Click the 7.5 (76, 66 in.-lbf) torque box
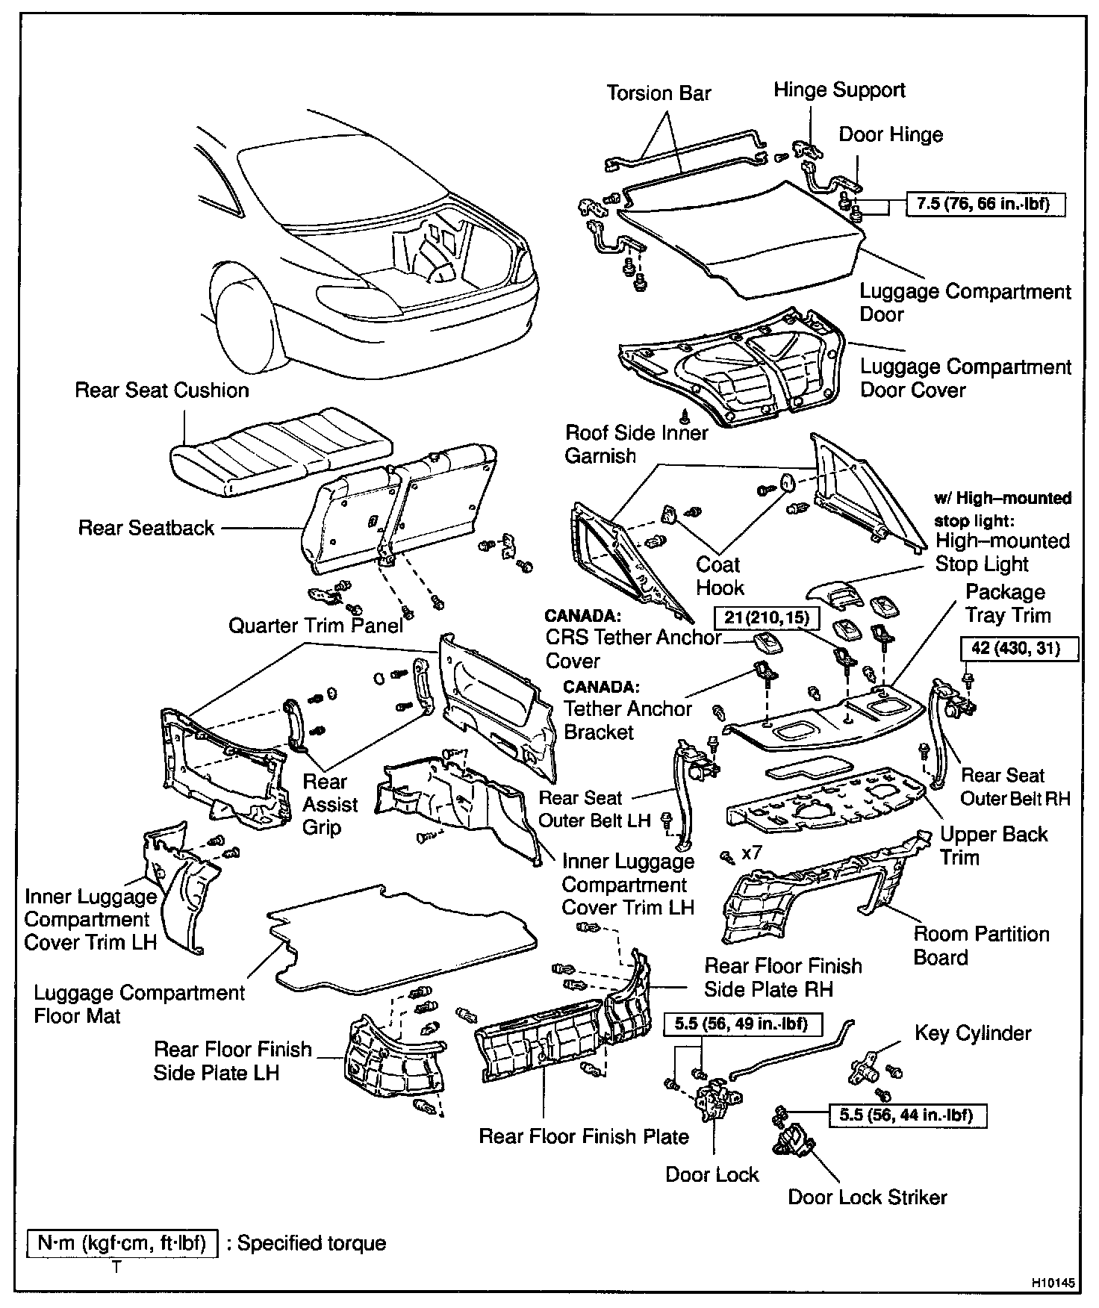point(986,204)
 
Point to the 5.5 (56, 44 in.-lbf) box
point(906,1115)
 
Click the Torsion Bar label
point(659,93)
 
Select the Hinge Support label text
point(839,90)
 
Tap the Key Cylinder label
point(972,1033)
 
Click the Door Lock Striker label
point(867,1197)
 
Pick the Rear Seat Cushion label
point(162,390)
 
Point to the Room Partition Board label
point(981,945)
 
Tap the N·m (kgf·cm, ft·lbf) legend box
point(122,1243)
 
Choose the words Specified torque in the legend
point(311,1243)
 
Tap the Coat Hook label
point(719,576)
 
